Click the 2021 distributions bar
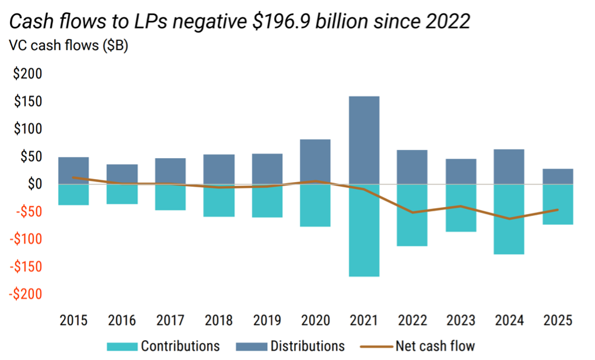[363, 140]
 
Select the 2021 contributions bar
[363, 230]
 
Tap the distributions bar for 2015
[73, 170]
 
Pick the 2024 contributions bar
[509, 219]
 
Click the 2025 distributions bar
[557, 176]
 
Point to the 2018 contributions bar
[219, 201]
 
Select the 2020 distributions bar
[315, 162]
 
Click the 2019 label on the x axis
[267, 320]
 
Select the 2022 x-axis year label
[412, 320]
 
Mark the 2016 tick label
[122, 320]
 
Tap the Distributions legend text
[307, 346]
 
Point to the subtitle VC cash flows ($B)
[68, 47]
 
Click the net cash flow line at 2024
[509, 219]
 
